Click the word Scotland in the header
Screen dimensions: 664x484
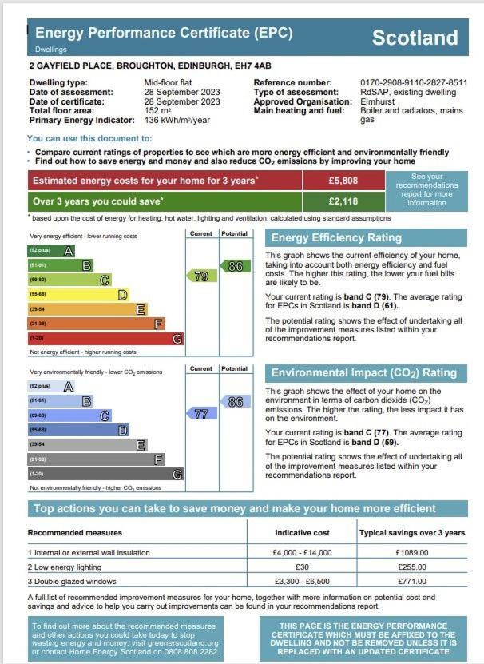415,38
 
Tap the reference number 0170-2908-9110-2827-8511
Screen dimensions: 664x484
414,83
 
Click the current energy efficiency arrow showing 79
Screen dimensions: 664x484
200,276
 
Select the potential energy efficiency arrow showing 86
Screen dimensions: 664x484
233,266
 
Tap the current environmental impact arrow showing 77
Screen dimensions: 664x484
200,414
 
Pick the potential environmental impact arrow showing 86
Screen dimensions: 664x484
233,402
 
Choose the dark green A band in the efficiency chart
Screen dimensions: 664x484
53,251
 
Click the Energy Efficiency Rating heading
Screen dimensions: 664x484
335,237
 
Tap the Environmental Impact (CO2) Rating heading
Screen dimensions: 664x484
363,372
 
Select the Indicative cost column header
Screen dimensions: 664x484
302,532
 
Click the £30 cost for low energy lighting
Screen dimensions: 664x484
302,567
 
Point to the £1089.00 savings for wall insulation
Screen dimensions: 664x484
412,552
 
